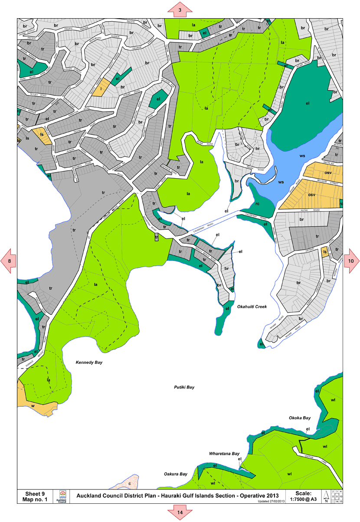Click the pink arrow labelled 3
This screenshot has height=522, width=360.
pyautogui.click(x=180, y=9)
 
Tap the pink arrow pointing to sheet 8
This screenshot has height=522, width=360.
pyautogui.click(x=9, y=261)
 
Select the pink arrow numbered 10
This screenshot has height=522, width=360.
pyautogui.click(x=351, y=261)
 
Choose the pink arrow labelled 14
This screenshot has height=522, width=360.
pyautogui.click(x=180, y=513)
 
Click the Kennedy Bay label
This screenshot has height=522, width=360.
pyautogui.click(x=89, y=362)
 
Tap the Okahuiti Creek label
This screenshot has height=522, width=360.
pyautogui.click(x=252, y=307)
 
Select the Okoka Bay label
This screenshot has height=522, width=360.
pyautogui.click(x=300, y=418)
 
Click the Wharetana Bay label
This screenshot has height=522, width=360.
pyautogui.click(x=224, y=453)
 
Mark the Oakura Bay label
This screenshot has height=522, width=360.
pyautogui.click(x=175, y=474)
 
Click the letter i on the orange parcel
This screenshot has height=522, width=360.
pyautogui.click(x=101, y=89)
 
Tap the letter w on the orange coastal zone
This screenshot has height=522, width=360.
pyautogui.click(x=33, y=406)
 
